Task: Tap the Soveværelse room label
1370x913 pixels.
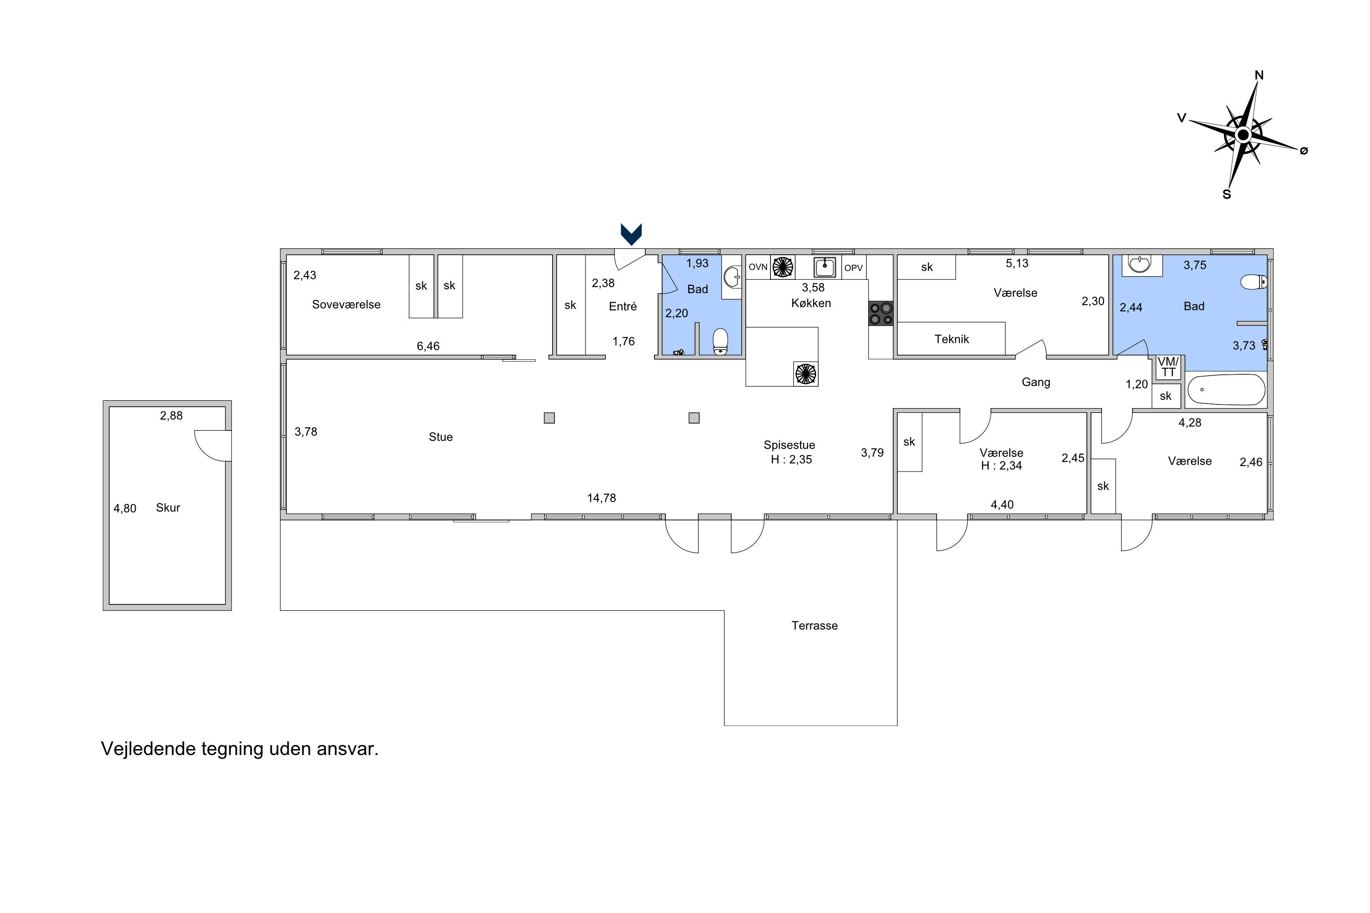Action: [346, 304]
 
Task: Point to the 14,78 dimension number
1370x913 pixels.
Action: [601, 498]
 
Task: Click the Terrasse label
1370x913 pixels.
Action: [814, 625]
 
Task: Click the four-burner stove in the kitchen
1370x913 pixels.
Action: [881, 313]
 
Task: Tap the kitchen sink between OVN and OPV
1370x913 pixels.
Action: [825, 267]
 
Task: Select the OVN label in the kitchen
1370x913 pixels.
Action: [758, 267]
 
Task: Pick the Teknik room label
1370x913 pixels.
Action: [952, 339]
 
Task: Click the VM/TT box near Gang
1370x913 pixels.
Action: [1168, 367]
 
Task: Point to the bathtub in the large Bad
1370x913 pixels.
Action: [1226, 389]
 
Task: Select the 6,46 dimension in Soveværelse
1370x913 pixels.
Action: [428, 346]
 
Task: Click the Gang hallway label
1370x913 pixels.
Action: [1036, 383]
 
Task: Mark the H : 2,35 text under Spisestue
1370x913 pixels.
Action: [791, 459]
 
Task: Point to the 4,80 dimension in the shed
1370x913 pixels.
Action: [125, 509]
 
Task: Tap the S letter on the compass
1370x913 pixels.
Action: [1226, 194]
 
